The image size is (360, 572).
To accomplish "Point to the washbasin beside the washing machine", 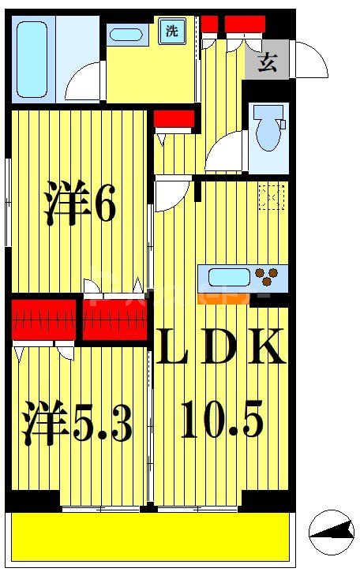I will pos(125,34).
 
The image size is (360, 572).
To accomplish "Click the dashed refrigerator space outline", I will pos(268,195).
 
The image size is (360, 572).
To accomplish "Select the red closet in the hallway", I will pos(174,120).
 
